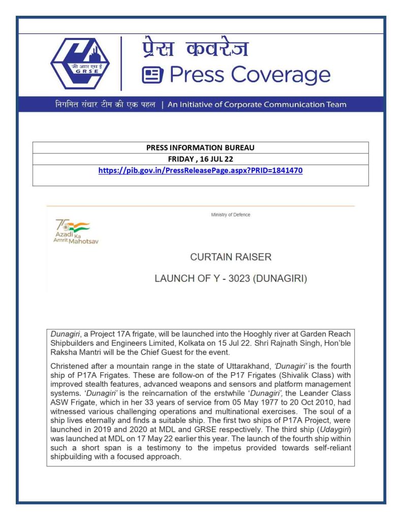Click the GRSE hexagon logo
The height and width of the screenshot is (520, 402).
click(80, 63)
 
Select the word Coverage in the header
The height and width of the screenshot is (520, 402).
click(281, 75)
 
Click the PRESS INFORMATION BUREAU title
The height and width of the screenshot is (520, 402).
click(200, 148)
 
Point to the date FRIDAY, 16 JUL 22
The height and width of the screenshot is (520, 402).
click(200, 159)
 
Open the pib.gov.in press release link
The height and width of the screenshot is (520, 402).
click(200, 171)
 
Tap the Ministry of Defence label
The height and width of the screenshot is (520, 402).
click(231, 215)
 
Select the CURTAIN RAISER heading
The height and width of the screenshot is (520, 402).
click(231, 257)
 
